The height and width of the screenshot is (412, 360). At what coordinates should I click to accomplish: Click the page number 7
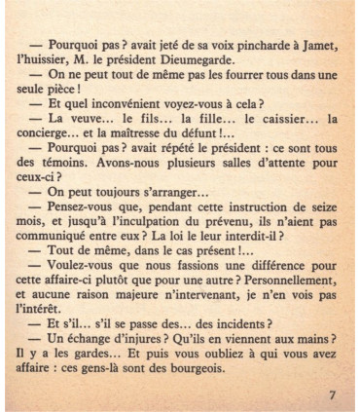pyautogui.click(x=332, y=393)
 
